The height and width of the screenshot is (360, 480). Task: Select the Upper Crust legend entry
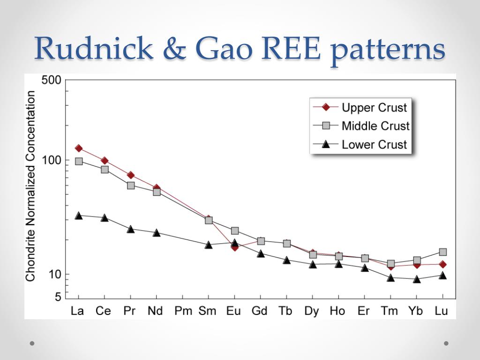point(374,108)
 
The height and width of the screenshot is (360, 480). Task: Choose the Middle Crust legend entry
point(375,126)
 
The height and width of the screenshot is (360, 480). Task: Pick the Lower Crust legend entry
point(374,144)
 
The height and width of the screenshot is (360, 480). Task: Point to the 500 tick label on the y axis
point(52,80)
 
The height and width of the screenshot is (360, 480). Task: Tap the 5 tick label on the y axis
point(58,297)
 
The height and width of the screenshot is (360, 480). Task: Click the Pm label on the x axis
point(183,311)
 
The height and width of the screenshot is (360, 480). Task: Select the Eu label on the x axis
point(234,311)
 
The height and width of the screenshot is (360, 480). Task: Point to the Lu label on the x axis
point(442,311)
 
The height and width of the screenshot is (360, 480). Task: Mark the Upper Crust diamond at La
point(79,149)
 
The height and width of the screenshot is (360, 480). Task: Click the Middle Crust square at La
point(79,161)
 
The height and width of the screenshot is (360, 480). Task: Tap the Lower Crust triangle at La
point(79,216)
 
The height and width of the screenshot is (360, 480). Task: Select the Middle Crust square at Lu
point(442,252)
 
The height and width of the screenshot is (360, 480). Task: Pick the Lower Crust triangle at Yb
point(417,279)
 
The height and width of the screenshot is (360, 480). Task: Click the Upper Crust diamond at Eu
point(235,247)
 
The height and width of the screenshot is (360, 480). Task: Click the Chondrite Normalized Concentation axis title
point(30,186)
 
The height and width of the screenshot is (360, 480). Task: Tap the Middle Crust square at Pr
point(131,185)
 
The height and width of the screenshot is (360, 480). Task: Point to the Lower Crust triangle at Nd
point(157,232)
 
